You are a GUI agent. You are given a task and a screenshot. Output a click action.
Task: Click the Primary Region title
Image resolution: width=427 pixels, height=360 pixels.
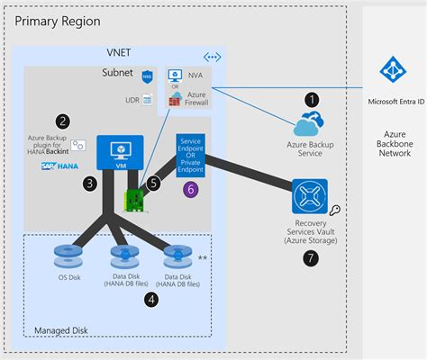point(57,20)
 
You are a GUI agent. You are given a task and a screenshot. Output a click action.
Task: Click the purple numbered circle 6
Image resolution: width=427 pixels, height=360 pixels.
point(189,188)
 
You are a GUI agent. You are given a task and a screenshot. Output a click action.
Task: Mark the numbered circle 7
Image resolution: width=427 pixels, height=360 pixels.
point(312,258)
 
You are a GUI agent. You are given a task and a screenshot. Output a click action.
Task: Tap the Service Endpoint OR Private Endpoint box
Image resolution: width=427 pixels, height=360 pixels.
point(190,155)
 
